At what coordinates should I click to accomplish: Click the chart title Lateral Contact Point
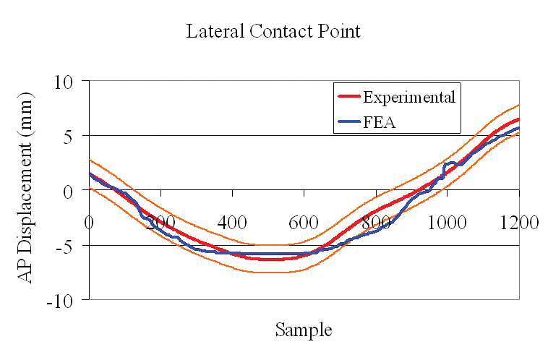tap(273, 32)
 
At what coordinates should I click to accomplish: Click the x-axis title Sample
tap(303, 330)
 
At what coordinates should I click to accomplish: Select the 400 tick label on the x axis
tap(231, 222)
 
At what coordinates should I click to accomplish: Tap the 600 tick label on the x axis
tap(304, 222)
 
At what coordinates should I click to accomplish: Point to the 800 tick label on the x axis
tap(376, 222)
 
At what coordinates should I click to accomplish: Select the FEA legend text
tap(380, 123)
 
